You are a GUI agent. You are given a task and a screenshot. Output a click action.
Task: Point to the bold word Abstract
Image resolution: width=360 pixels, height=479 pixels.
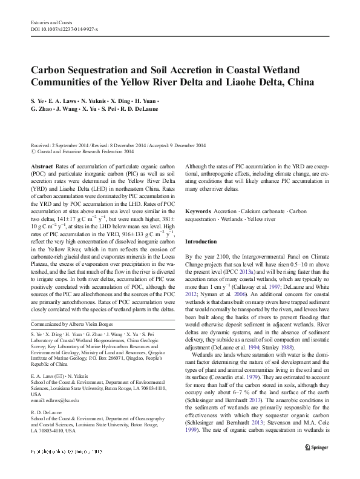pos(41,166)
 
